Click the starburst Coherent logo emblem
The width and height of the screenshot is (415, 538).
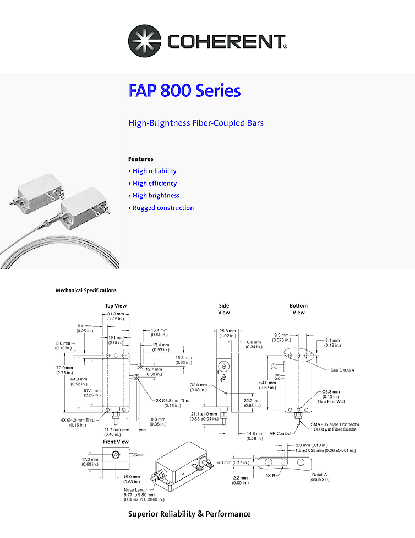pyautogui.click(x=146, y=41)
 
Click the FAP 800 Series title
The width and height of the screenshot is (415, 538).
pyautogui.click(x=184, y=90)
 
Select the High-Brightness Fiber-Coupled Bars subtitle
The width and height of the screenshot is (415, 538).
pyautogui.click(x=195, y=123)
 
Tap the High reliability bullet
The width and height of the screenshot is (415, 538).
pyautogui.click(x=154, y=171)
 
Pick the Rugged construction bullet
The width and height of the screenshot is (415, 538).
pyautogui.click(x=163, y=208)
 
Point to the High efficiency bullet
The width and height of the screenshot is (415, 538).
pyautogui.click(x=155, y=183)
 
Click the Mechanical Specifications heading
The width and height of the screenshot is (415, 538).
pyautogui.click(x=86, y=290)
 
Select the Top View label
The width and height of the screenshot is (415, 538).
pyautogui.click(x=116, y=306)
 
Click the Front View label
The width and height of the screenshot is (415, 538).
pyautogui.click(x=116, y=442)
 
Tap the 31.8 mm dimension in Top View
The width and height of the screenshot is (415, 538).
pyautogui.click(x=115, y=314)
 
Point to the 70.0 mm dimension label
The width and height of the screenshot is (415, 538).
pyautogui.click(x=64, y=368)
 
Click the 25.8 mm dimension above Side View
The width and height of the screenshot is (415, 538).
pyautogui.click(x=227, y=331)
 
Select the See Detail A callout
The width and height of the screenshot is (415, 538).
pyautogui.click(x=342, y=370)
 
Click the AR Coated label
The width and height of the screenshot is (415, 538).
pyautogui.click(x=280, y=434)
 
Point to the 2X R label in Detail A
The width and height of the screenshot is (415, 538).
pyautogui.click(x=271, y=475)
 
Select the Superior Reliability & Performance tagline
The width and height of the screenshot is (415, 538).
pyautogui.click(x=189, y=514)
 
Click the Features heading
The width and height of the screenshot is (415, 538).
pyautogui.click(x=141, y=159)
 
